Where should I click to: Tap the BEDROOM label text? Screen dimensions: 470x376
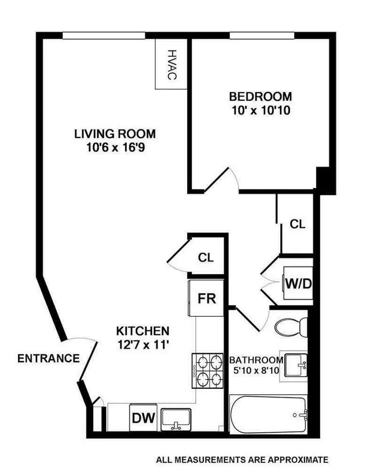260,97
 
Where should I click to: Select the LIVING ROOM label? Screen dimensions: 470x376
115,134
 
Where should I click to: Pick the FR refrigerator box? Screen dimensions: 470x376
206,299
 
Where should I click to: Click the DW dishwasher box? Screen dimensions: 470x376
143,417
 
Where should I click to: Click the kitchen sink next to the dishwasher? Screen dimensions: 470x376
176,419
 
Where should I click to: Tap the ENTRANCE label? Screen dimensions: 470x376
48,358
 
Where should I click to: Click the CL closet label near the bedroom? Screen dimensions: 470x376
297,225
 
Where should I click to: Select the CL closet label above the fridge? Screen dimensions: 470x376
206,258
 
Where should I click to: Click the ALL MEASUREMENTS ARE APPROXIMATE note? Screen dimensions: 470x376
242,459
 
